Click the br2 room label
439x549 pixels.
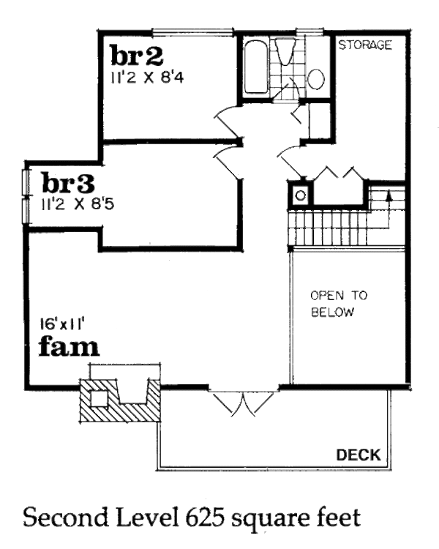tap(137, 56)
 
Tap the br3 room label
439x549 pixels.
tap(68, 182)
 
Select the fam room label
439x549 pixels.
tap(69, 346)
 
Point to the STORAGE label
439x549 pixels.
tap(365, 45)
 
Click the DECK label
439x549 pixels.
tap(359, 455)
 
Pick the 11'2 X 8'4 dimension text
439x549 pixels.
tap(147, 78)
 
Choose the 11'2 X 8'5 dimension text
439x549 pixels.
tap(78, 203)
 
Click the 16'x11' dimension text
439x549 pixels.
tap(63, 324)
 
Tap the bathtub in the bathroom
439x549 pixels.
tap(255, 67)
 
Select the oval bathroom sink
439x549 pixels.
tap(316, 79)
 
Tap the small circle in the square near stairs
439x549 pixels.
tap(300, 195)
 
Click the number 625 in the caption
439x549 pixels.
tap(203, 518)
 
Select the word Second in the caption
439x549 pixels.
tap(66, 518)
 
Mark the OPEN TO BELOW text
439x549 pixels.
tap(339, 304)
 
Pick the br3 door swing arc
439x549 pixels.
tap(228, 163)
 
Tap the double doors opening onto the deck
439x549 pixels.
tap(244, 403)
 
